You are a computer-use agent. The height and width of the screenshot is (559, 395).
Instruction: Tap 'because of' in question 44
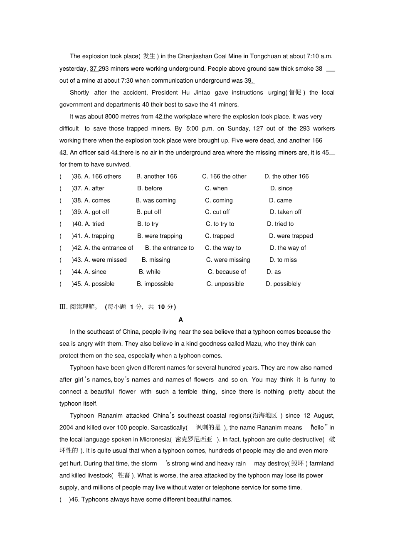[227, 272]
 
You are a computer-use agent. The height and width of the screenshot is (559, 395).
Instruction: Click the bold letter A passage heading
[180, 320]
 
